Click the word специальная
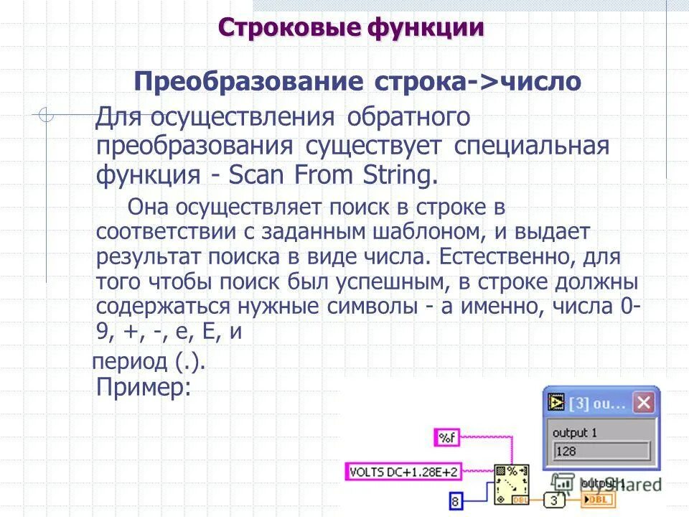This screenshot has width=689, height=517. (x=532, y=146)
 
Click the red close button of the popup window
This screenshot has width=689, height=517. (x=644, y=403)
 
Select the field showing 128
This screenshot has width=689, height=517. (x=600, y=452)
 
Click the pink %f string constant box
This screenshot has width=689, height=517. (x=449, y=437)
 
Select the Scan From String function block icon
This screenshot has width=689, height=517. (x=511, y=482)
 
